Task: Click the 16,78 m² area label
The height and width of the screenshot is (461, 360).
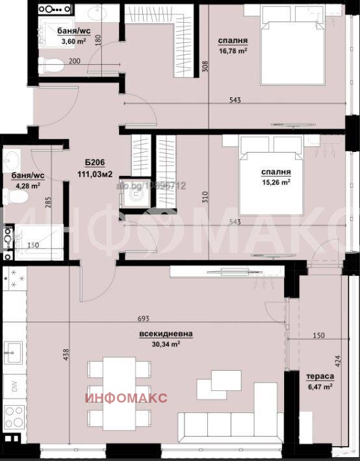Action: pyautogui.click(x=233, y=50)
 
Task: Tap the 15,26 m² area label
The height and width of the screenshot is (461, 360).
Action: pyautogui.click(x=276, y=182)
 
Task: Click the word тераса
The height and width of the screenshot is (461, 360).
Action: pyautogui.click(x=320, y=376)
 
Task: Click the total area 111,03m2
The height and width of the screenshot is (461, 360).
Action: pyautogui.click(x=96, y=174)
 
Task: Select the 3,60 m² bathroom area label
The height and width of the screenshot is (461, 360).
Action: pyautogui.click(x=73, y=41)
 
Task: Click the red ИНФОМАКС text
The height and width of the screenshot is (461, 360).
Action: pyautogui.click(x=127, y=397)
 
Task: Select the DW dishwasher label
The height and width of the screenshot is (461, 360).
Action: pyautogui.click(x=14, y=388)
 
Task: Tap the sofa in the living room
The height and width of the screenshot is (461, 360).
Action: pyautogui.click(x=234, y=425)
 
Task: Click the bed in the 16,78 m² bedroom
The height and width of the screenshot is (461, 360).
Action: pyautogui.click(x=292, y=52)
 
